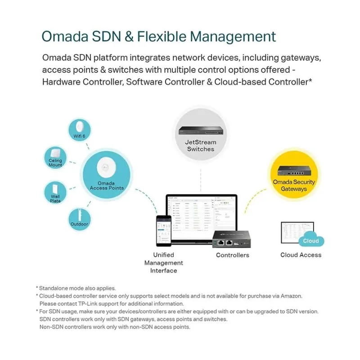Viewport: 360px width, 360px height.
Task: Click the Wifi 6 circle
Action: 80,130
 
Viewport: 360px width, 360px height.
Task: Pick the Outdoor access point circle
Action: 80,220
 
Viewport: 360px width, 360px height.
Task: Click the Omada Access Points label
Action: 107,185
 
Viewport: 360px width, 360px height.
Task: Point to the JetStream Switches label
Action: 201,145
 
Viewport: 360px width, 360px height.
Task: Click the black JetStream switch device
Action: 201,131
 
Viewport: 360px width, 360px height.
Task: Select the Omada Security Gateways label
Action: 294,185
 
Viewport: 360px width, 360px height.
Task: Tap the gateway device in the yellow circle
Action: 294,171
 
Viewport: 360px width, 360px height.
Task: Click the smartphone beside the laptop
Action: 163,231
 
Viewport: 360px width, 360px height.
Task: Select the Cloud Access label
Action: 301,255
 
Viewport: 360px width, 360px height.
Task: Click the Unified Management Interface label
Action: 163,263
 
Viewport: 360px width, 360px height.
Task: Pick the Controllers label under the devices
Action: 232,255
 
